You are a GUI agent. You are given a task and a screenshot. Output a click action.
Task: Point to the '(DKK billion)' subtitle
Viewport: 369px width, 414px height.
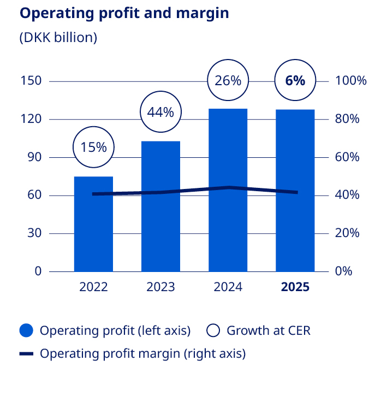(58, 38)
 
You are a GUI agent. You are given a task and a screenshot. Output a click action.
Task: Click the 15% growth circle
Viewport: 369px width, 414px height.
(93, 147)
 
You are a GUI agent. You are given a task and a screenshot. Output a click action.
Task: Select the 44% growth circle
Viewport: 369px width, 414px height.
(160, 113)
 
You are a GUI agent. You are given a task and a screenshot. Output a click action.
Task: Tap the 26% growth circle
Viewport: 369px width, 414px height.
(228, 81)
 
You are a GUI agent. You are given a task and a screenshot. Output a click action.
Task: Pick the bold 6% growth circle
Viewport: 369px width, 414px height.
(295, 81)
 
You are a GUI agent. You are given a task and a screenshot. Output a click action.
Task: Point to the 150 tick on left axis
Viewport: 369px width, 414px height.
(31, 81)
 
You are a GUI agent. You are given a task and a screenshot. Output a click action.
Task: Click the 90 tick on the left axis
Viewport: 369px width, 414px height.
(34, 157)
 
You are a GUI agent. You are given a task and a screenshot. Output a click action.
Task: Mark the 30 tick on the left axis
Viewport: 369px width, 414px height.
(34, 233)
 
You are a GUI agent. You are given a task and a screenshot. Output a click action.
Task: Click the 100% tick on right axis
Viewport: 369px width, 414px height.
(351, 81)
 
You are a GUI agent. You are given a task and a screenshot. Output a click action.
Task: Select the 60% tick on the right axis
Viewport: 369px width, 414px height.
(348, 157)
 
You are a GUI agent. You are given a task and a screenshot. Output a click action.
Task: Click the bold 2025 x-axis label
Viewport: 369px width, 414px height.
(295, 287)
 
